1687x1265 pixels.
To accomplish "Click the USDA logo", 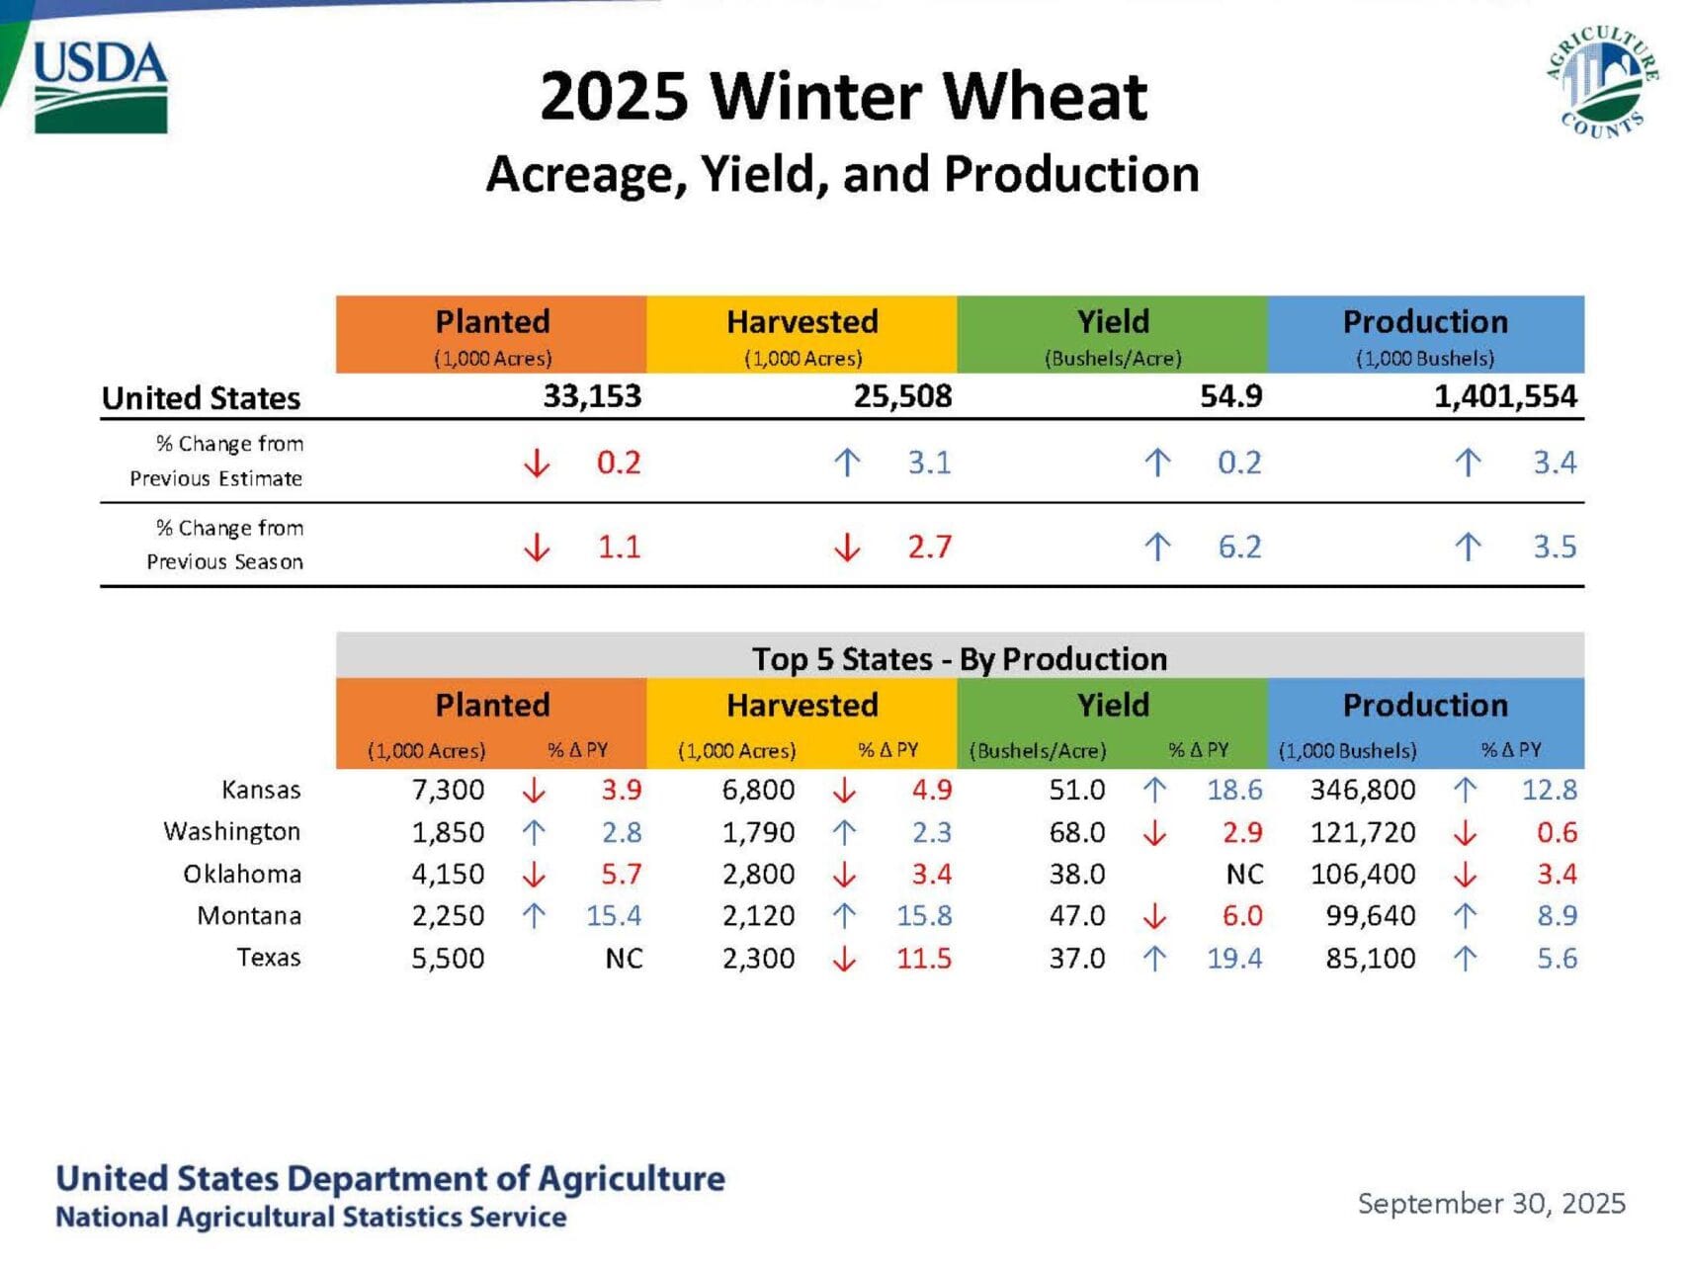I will point(100,87).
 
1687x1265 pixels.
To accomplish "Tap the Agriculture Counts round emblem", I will point(1602,82).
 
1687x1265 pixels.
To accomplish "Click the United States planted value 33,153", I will point(592,396).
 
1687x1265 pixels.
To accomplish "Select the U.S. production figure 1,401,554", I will point(1505,396).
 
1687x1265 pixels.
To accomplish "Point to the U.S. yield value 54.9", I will point(1230,396).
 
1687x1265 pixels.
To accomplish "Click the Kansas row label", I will point(261,790).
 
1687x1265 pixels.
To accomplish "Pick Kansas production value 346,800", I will point(1363,790).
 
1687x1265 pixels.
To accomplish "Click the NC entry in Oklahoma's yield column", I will point(1244,875).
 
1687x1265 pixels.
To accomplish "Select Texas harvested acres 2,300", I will point(758,959).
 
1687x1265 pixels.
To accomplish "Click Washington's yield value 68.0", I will point(1076,832).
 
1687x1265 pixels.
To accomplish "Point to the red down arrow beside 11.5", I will point(844,959).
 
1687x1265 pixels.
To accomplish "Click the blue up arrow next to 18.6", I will point(1154,790).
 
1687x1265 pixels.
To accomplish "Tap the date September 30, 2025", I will point(1491,1203).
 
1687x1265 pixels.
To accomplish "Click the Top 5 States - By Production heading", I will point(959,658).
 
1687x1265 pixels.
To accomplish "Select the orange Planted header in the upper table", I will point(492,333).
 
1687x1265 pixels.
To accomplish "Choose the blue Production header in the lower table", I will point(1425,706).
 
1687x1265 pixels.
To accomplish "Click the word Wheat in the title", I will point(1046,97).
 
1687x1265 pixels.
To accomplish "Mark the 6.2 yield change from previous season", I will point(1239,547).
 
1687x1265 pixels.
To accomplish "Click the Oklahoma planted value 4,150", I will point(448,875).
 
